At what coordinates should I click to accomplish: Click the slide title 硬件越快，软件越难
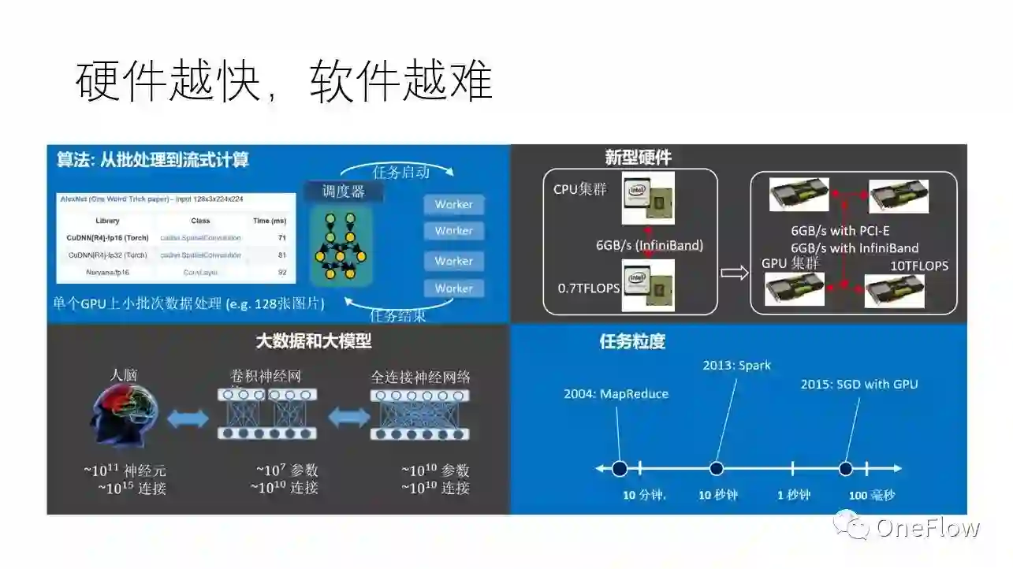[285, 81]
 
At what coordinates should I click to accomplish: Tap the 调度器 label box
[343, 191]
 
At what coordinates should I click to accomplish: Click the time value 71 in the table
[281, 237]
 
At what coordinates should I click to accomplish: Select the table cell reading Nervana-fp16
[107, 272]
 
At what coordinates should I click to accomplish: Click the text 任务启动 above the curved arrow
[400, 171]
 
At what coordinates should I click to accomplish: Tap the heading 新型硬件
[638, 158]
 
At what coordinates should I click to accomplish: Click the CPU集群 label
[580, 189]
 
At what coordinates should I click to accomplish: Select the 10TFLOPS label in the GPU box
[919, 266]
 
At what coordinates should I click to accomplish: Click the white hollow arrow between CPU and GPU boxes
[734, 273]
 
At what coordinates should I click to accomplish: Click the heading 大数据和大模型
[314, 341]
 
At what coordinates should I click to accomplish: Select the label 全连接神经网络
[420, 377]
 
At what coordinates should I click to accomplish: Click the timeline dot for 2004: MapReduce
[620, 469]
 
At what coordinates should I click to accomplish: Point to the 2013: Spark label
[737, 365]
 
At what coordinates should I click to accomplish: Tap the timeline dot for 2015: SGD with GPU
[846, 469]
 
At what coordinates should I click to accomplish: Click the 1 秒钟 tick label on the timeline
[793, 495]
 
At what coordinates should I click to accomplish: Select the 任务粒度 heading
[632, 341]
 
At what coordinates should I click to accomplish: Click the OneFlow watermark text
[927, 527]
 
